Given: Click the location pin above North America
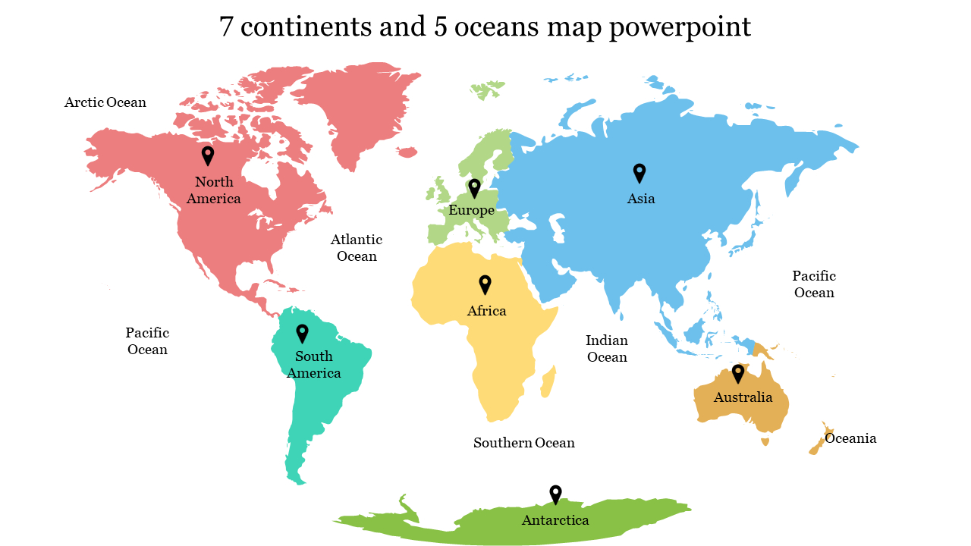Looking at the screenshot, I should (x=208, y=155).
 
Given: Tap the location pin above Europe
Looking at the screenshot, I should (x=474, y=187).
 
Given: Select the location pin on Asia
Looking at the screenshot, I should (x=639, y=173).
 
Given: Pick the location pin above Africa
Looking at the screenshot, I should (x=485, y=284).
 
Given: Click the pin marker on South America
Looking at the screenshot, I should (x=302, y=333).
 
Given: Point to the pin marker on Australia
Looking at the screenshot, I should (x=737, y=374).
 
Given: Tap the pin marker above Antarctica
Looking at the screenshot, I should (x=555, y=494).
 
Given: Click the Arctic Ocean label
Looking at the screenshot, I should (x=105, y=102).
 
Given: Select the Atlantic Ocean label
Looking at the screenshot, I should (x=357, y=248).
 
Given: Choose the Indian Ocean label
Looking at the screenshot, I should (x=607, y=349).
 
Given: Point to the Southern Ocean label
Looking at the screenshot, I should (x=524, y=443).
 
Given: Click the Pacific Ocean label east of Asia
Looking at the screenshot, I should (x=814, y=284).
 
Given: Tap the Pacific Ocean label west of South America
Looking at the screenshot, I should (x=147, y=341).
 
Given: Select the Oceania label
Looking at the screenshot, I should (x=850, y=438).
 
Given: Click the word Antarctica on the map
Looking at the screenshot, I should (x=555, y=520).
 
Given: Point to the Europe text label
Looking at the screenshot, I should (x=471, y=210).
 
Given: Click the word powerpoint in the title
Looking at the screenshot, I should (x=680, y=27).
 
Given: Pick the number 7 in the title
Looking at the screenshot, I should (x=225, y=27).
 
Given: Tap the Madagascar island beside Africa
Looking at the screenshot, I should (x=548, y=382).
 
